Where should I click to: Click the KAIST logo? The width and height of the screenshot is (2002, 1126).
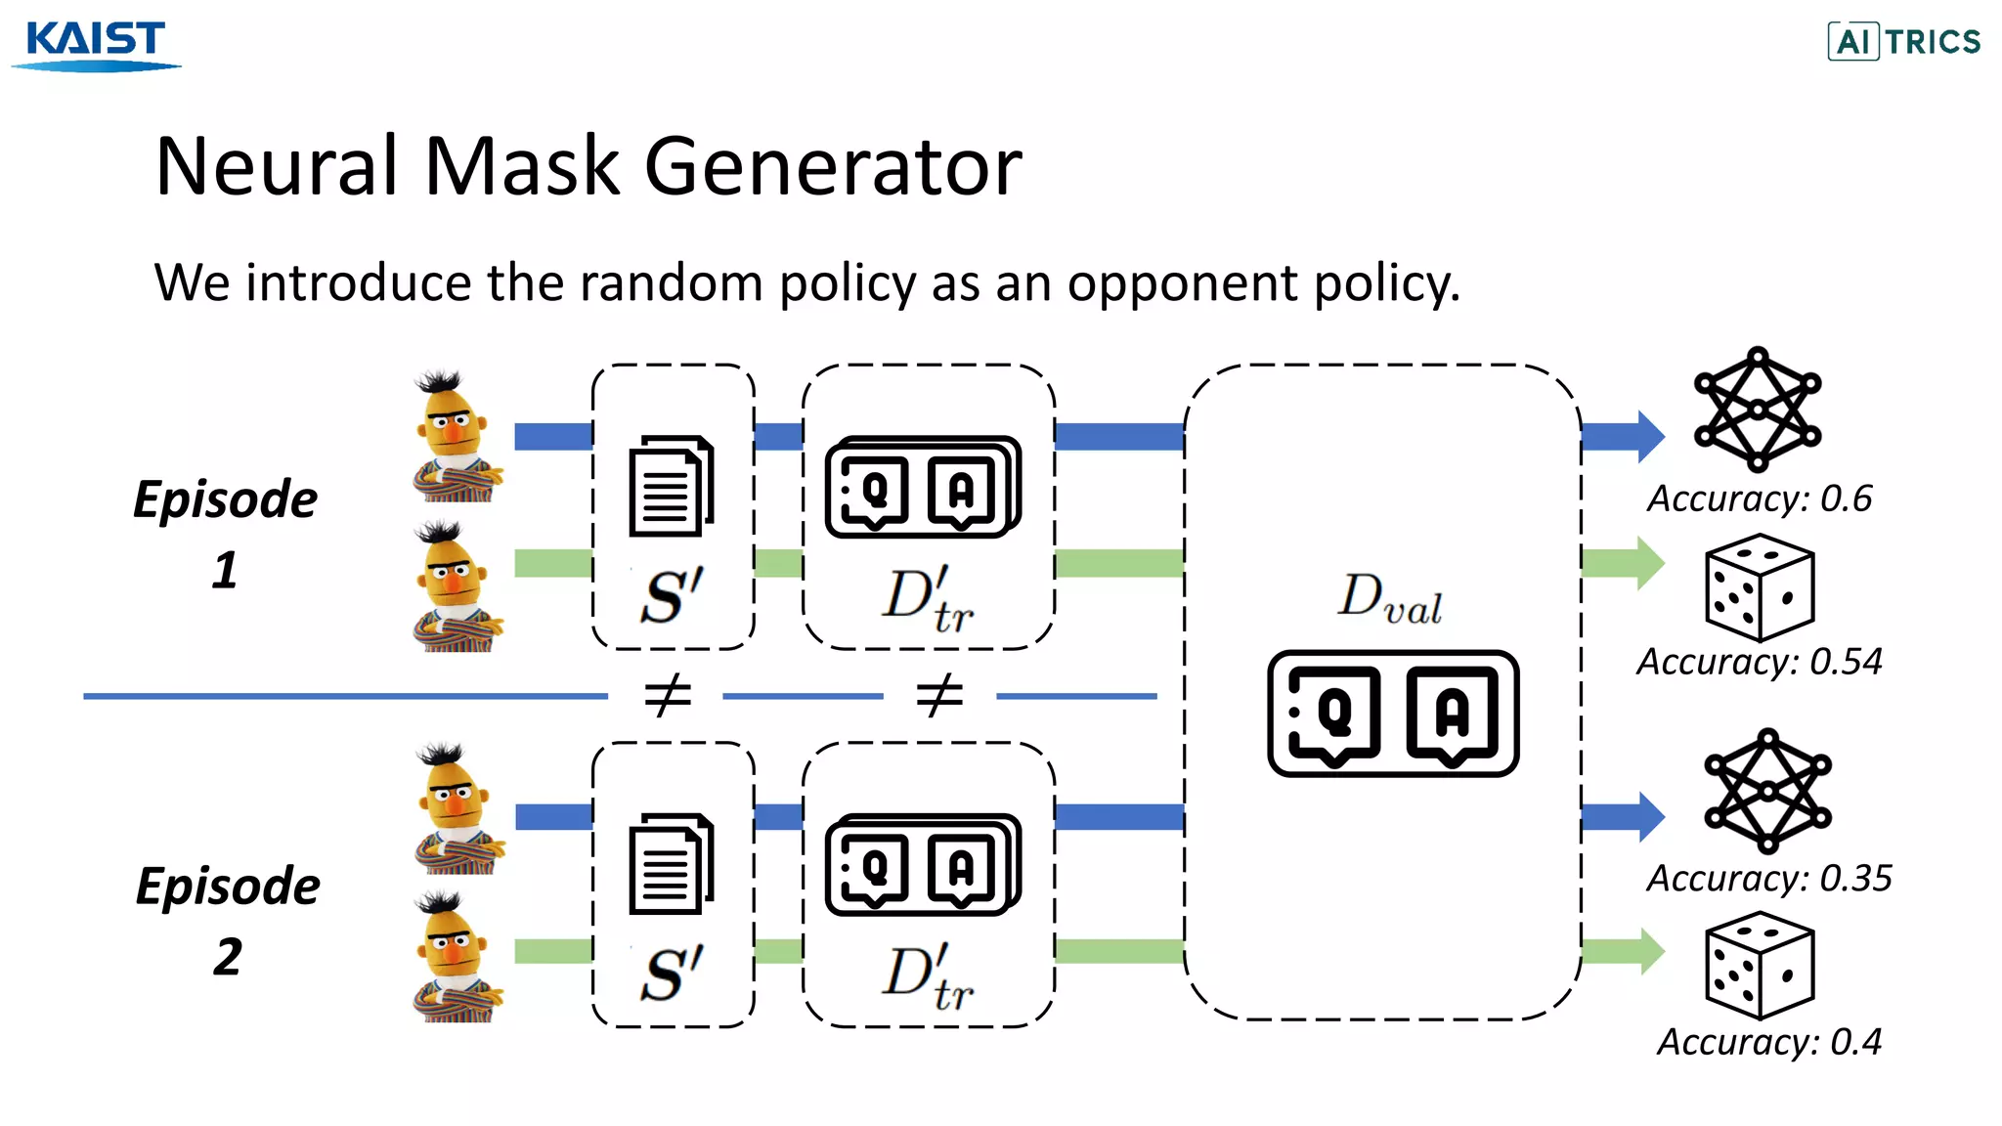[x=96, y=44]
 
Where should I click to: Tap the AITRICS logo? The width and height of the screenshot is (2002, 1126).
[x=1903, y=41]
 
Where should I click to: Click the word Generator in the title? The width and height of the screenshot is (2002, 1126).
[x=833, y=166]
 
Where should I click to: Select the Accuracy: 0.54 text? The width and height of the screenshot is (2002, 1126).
[x=1760, y=662]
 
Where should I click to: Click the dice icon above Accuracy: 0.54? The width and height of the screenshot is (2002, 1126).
[x=1759, y=586]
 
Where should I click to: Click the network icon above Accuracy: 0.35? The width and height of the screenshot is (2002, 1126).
[x=1767, y=790]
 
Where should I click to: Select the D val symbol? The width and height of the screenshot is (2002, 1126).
[x=1389, y=598]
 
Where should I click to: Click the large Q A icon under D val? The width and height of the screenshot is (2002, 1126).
[x=1393, y=714]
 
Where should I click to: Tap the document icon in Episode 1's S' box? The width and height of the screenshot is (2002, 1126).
[x=671, y=486]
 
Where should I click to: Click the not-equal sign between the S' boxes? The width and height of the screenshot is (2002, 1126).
[x=669, y=696]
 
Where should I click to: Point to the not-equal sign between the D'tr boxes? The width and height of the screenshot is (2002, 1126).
[x=939, y=696]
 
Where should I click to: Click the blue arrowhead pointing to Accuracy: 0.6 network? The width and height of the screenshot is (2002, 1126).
[x=1648, y=436]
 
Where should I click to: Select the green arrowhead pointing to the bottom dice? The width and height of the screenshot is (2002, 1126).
[x=1648, y=951]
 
